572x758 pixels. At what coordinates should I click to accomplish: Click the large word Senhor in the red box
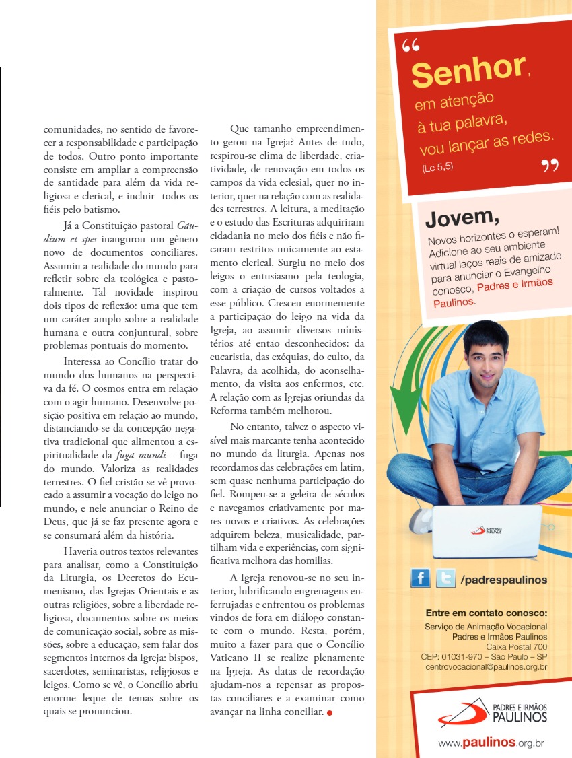(467, 71)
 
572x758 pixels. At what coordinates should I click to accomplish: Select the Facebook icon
(420, 578)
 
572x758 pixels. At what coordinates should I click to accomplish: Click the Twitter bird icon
(445, 578)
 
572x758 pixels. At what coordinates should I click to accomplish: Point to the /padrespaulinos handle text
(504, 579)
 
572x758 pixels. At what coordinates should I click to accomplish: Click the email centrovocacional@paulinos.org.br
(486, 667)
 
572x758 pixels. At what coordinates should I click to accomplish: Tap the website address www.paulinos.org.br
(491, 743)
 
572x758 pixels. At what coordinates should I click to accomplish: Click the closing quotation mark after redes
(550, 166)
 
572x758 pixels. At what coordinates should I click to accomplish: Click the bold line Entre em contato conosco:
(487, 613)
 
